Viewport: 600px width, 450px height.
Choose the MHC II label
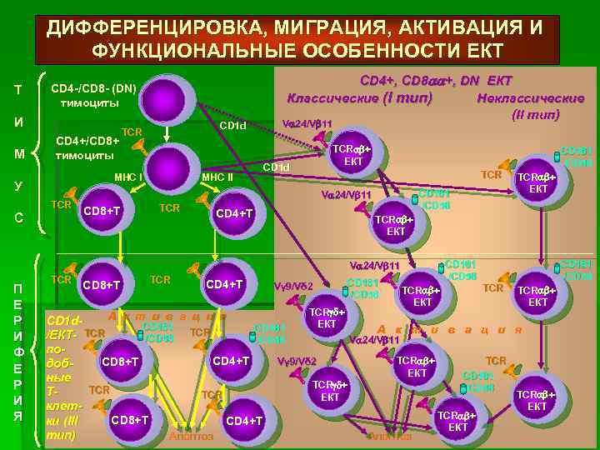tap(218, 177)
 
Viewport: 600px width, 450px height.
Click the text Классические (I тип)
tap(359, 97)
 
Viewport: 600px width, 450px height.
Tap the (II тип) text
tap(537, 113)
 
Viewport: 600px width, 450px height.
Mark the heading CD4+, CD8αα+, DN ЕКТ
tap(435, 81)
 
